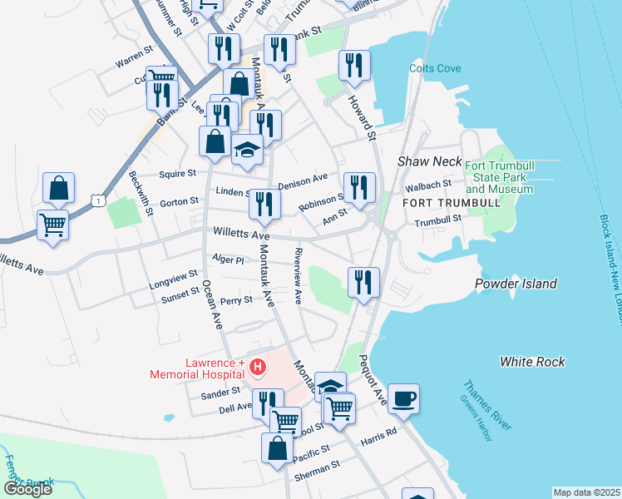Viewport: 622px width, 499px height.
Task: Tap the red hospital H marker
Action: point(258,366)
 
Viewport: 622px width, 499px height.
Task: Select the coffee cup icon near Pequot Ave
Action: point(404,398)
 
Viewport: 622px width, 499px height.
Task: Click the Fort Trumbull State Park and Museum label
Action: point(499,178)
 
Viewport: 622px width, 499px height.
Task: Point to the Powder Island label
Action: point(516,284)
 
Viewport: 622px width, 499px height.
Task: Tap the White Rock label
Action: point(532,362)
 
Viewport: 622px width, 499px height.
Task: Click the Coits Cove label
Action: point(430,69)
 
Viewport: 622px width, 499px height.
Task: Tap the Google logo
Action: point(27,489)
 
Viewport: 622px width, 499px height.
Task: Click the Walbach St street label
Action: point(435,183)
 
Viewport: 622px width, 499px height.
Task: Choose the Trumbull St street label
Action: point(438,220)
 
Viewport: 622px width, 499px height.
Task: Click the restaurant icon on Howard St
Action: point(355,67)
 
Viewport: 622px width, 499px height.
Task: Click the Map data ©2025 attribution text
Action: point(586,492)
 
